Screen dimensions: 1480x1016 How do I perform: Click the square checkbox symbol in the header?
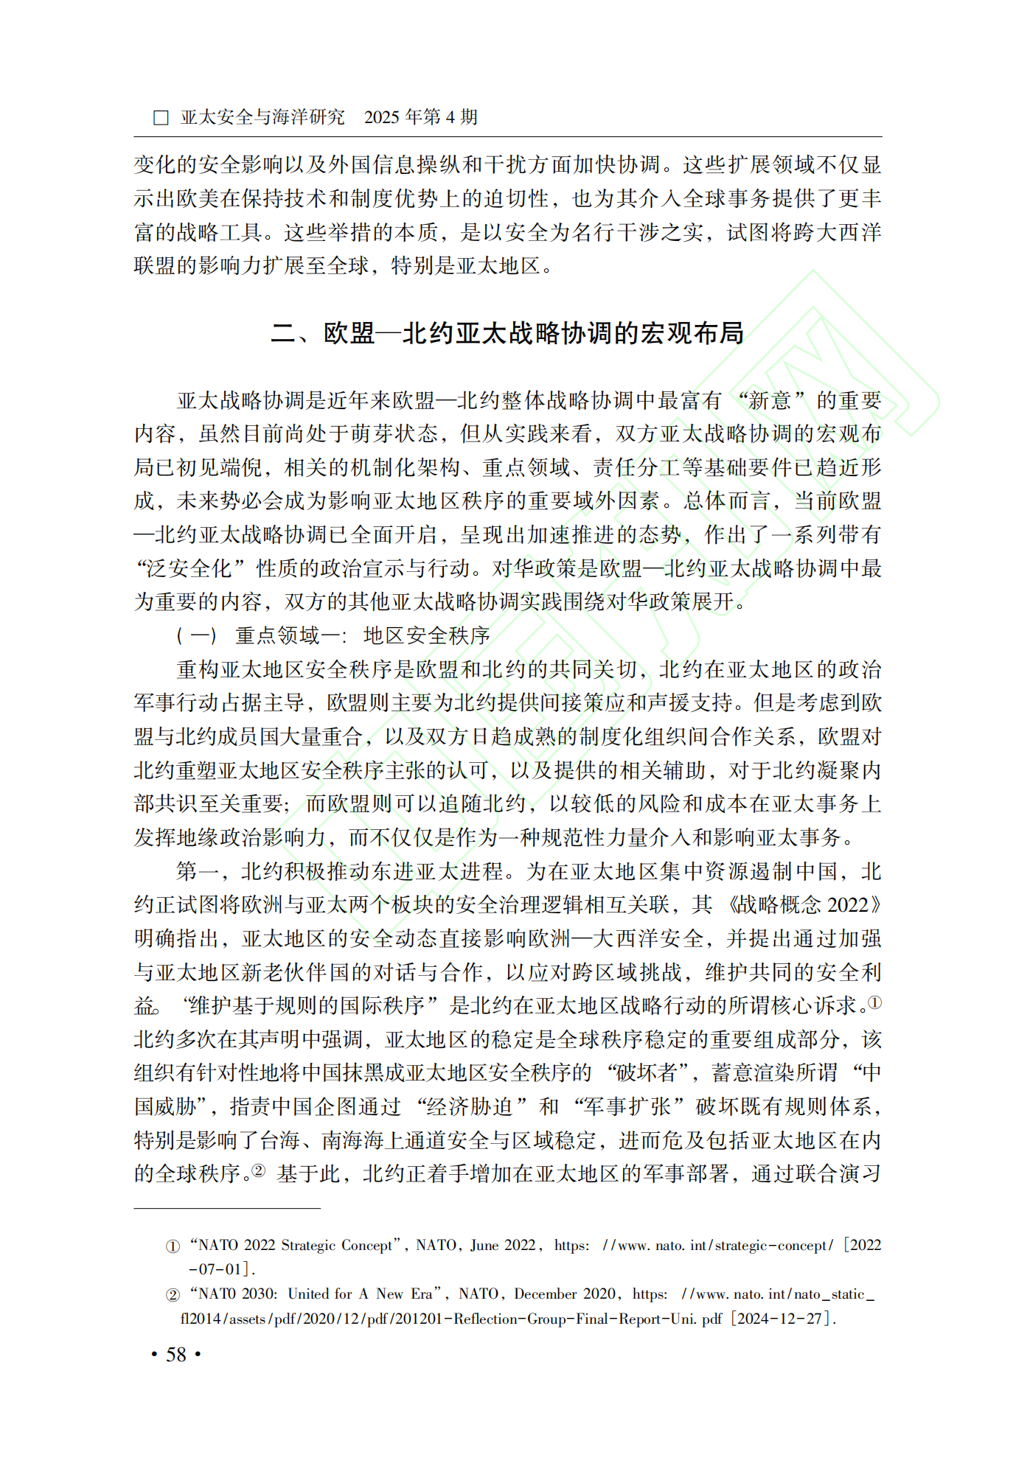coord(160,118)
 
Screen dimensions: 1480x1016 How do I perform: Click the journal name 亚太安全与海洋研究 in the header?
coord(262,117)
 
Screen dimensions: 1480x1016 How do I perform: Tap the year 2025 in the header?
coord(382,117)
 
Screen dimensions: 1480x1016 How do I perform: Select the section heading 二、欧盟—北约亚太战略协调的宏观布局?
coord(507,333)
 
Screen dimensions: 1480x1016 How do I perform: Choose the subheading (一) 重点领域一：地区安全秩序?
coord(333,635)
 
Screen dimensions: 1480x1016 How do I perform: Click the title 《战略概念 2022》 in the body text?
coord(804,904)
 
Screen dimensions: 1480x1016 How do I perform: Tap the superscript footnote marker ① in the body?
coord(874,1003)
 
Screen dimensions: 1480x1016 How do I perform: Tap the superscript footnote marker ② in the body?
coord(258,1170)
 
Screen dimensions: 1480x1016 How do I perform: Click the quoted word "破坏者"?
coord(647,1072)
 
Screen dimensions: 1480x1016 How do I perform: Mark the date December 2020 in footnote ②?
coord(565,1294)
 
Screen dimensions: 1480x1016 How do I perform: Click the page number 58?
coord(176,1355)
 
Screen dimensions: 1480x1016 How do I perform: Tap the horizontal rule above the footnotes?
coord(227,1208)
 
